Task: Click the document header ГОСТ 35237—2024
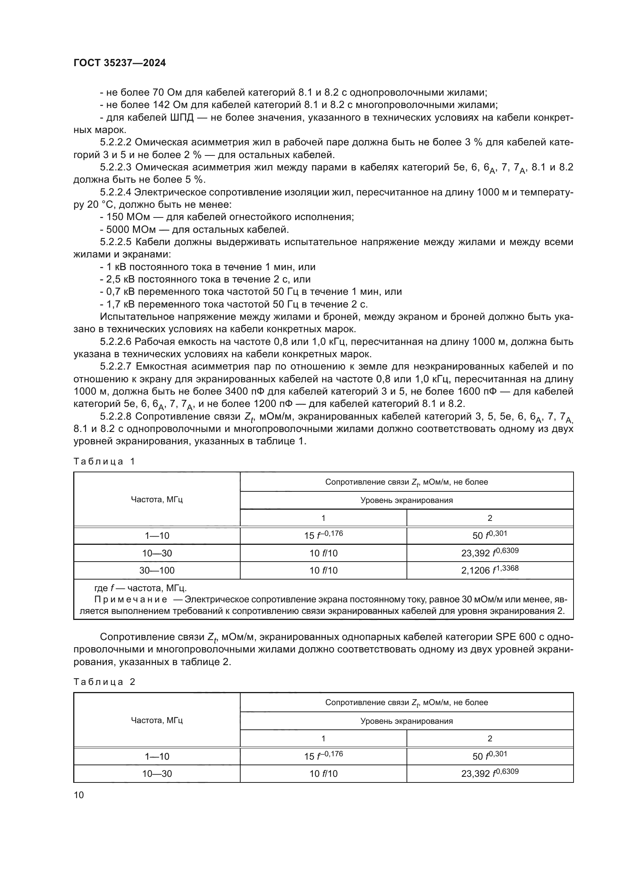(120, 63)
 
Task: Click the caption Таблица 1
(104, 462)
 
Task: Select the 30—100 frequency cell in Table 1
(157, 570)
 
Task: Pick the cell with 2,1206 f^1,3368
(489, 570)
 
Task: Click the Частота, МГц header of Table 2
(157, 720)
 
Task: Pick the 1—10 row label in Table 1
(157, 535)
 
